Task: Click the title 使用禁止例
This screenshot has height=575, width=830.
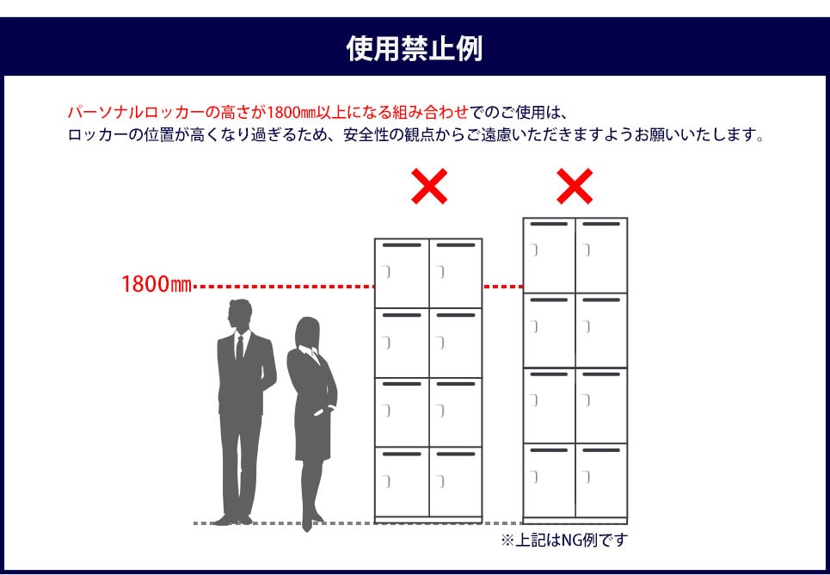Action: tap(415, 49)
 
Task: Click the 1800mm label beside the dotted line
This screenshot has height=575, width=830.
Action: tap(156, 284)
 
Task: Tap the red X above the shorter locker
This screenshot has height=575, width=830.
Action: tap(428, 186)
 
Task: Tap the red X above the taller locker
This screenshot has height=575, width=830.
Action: tap(575, 186)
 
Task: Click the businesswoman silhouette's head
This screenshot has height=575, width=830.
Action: tap(307, 331)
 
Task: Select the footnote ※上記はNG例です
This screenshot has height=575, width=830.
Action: tap(564, 541)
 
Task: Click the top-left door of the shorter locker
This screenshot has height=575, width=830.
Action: tap(402, 274)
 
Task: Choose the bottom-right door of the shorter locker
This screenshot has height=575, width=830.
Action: tap(455, 481)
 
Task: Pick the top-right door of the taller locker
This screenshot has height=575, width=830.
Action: tap(600, 256)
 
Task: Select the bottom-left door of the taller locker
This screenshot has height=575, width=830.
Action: tap(549, 479)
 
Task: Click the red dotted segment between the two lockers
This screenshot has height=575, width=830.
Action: tap(502, 285)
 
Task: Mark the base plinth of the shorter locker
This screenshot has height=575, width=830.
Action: tap(428, 519)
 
